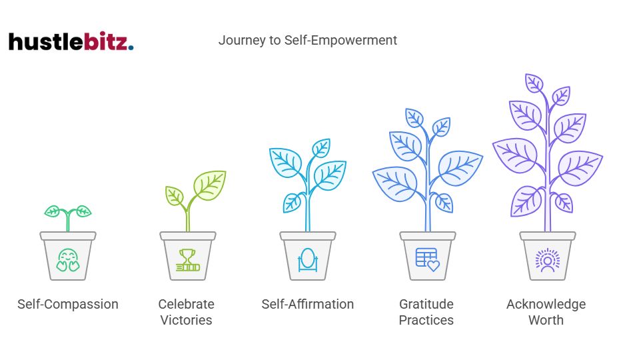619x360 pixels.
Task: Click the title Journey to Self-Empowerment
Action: pyautogui.click(x=307, y=40)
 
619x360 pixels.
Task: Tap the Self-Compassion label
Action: pyautogui.click(x=68, y=305)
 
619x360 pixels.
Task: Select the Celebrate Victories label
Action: pyautogui.click(x=186, y=312)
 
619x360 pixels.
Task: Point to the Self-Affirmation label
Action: pyautogui.click(x=307, y=305)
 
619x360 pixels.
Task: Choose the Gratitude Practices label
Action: pyautogui.click(x=426, y=312)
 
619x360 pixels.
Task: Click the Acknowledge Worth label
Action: pyautogui.click(x=546, y=312)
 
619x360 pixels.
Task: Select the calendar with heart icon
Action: pyautogui.click(x=428, y=259)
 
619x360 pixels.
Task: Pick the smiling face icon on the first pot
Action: pyautogui.click(x=67, y=259)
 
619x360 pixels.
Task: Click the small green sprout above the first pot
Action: pyautogui.click(x=68, y=215)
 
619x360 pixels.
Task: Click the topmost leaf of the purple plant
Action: pyautogui.click(x=534, y=83)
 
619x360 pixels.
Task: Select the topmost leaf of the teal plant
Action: pyautogui.click(x=322, y=147)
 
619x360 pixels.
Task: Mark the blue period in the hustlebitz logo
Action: pyautogui.click(x=131, y=48)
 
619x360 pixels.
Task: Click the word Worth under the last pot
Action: pyautogui.click(x=546, y=320)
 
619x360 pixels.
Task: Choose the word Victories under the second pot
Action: pyautogui.click(x=186, y=320)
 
